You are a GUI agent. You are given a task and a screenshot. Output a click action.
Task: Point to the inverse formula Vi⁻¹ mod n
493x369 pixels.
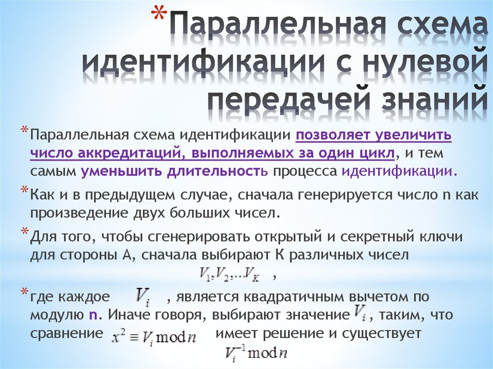[x=256, y=354]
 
